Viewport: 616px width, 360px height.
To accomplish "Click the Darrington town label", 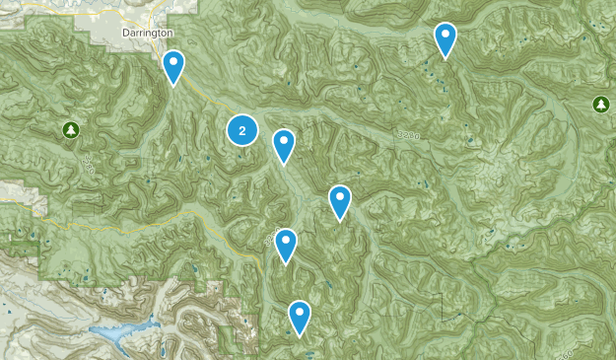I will (148, 33).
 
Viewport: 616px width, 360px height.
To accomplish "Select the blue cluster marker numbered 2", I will (242, 130).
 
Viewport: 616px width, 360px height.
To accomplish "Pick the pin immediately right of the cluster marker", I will (284, 145).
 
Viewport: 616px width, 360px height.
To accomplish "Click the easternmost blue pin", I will (445, 38).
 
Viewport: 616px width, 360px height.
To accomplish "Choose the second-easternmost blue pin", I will (340, 200).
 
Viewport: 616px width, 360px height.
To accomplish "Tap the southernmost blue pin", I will (299, 317).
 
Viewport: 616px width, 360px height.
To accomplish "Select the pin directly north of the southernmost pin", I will (286, 244).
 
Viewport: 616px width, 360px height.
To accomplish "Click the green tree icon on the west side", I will (70, 129).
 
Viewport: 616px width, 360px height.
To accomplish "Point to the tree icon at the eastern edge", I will (600, 104).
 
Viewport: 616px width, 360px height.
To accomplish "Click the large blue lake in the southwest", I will (118, 336).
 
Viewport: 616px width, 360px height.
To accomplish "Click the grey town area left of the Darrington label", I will (103, 30).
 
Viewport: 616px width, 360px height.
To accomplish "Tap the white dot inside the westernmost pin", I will (173, 63).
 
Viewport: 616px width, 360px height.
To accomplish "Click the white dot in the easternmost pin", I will (445, 36).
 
